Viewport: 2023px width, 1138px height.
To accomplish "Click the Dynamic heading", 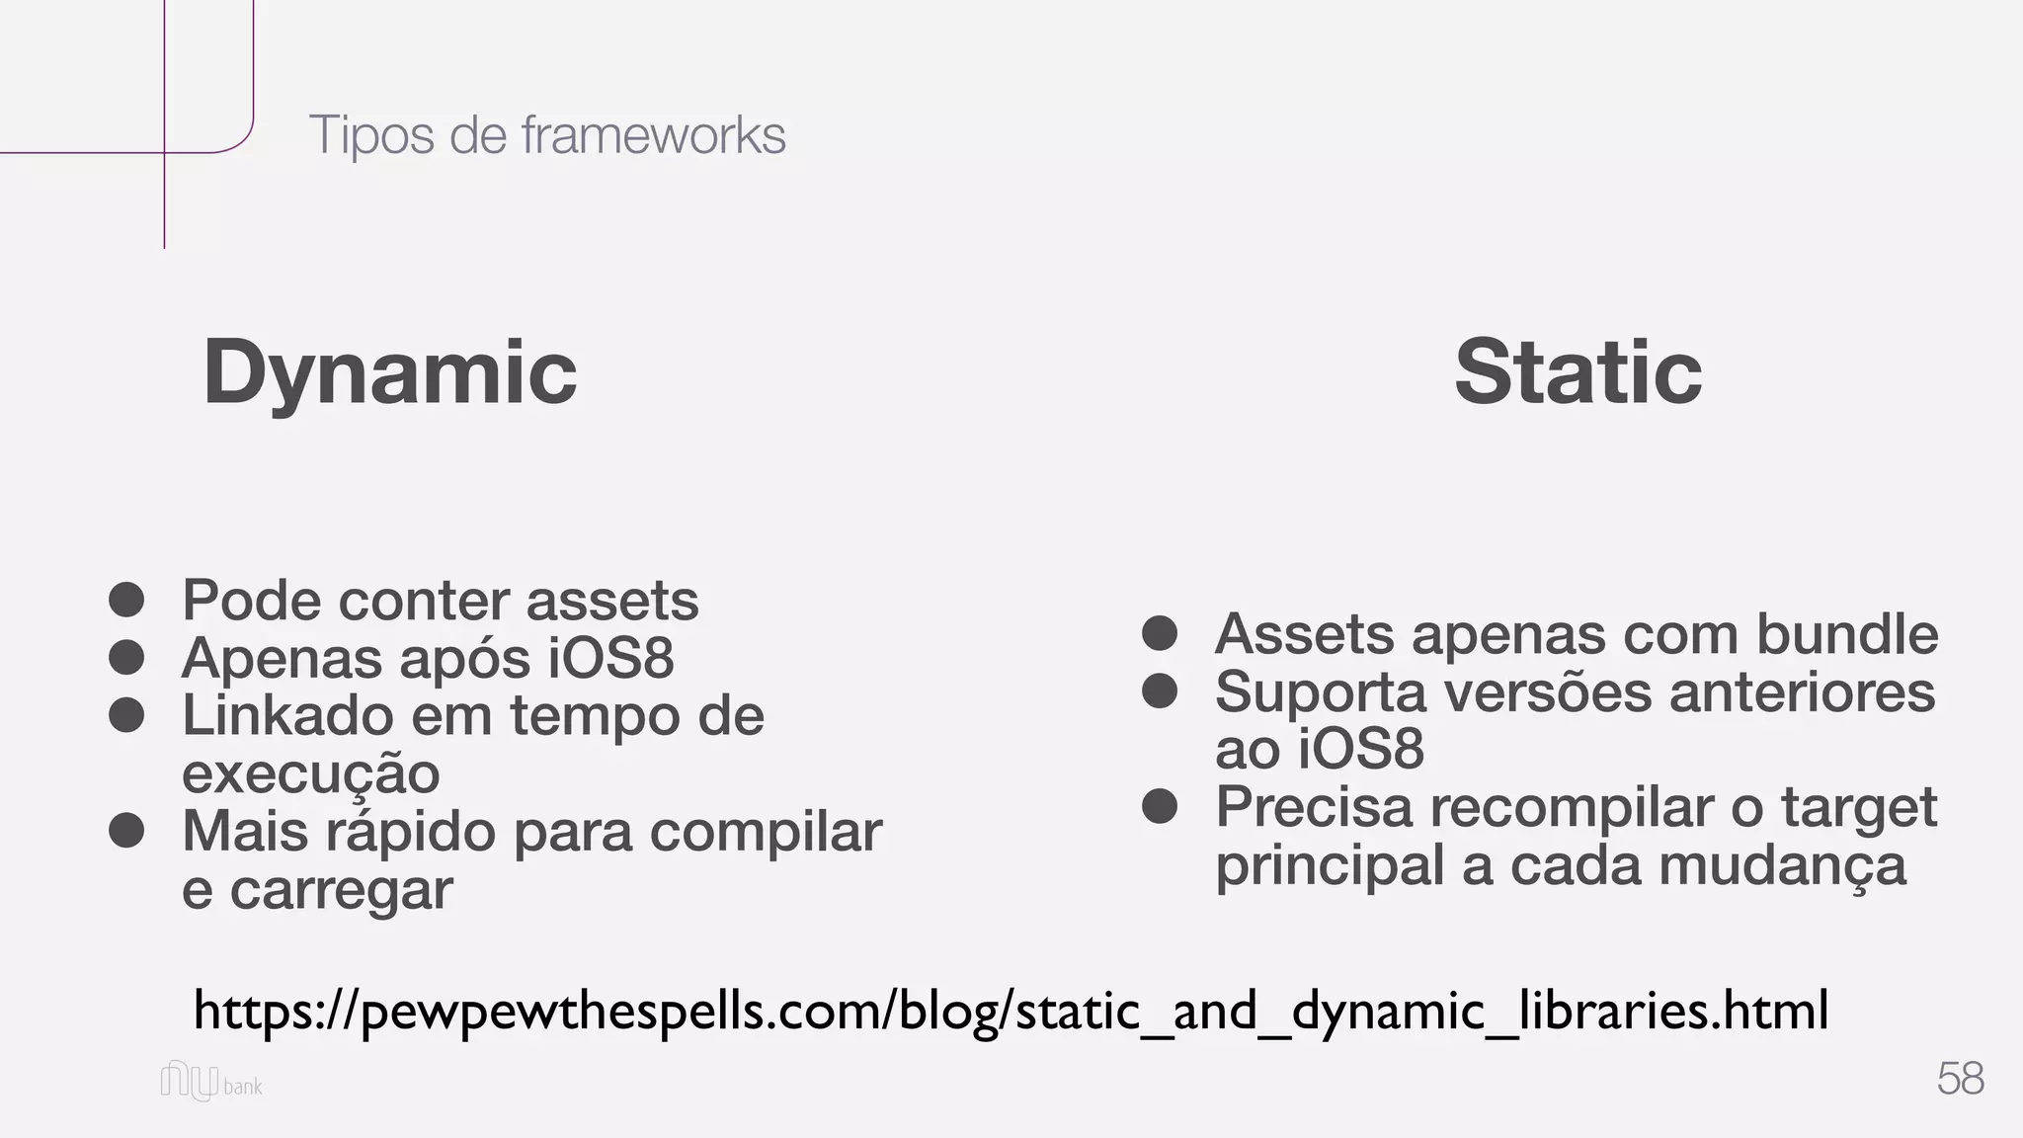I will [x=389, y=372].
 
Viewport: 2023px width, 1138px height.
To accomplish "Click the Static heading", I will [x=1578, y=372].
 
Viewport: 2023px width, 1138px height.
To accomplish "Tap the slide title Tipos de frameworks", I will [x=547, y=134].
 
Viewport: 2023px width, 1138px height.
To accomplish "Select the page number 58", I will [x=1960, y=1078].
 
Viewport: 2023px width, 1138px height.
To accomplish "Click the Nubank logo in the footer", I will [x=211, y=1082].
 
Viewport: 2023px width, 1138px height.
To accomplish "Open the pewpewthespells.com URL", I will [x=1011, y=1010].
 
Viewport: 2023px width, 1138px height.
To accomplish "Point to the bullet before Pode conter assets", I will [x=127, y=600].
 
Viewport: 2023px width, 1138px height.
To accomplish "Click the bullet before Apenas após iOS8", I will [x=127, y=657].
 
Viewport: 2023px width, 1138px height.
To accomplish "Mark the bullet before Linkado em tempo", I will [x=127, y=715].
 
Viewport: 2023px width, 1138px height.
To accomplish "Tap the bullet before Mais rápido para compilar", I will [x=127, y=831].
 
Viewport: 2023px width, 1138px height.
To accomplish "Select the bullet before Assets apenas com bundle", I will [x=1160, y=633].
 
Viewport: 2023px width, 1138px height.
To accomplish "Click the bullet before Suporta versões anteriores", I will [x=1160, y=691].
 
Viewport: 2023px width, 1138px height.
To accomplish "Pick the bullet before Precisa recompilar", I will [x=1160, y=807].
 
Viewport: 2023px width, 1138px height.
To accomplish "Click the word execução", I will [x=310, y=773].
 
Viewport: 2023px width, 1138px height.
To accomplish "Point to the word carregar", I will [x=341, y=890].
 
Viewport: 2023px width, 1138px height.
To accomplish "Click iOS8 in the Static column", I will [x=1360, y=749].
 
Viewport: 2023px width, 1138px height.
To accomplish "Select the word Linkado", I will [x=287, y=715].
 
